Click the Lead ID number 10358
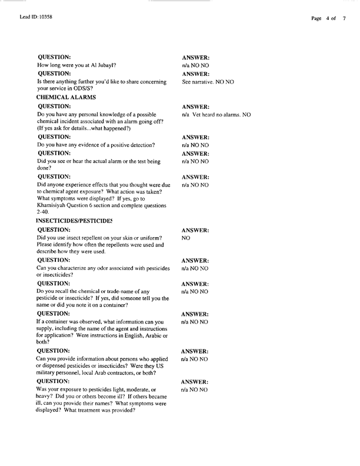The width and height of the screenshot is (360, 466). coord(36,19)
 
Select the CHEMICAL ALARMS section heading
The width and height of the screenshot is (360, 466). coord(66,96)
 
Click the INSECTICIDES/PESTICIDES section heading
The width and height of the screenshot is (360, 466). coord(74,220)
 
